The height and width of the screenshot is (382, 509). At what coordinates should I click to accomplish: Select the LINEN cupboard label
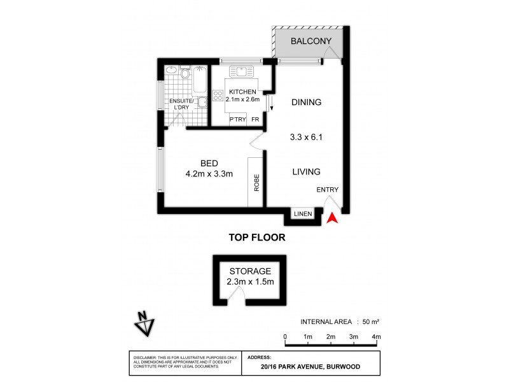(x=303, y=214)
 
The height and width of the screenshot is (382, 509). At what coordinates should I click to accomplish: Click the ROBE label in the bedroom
(x=257, y=184)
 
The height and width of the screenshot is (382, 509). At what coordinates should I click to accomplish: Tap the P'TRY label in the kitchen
(x=237, y=119)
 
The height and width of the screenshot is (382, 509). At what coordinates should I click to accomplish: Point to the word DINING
(x=307, y=103)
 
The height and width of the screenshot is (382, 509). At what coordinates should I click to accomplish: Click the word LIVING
(x=306, y=171)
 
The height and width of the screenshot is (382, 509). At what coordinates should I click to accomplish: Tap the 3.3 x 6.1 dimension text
(x=307, y=136)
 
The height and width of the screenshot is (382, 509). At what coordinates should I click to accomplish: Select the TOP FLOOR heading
(x=256, y=237)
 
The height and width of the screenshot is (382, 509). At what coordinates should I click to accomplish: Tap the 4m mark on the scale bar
(x=376, y=336)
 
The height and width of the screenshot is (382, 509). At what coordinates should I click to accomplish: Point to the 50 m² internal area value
(x=370, y=321)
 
